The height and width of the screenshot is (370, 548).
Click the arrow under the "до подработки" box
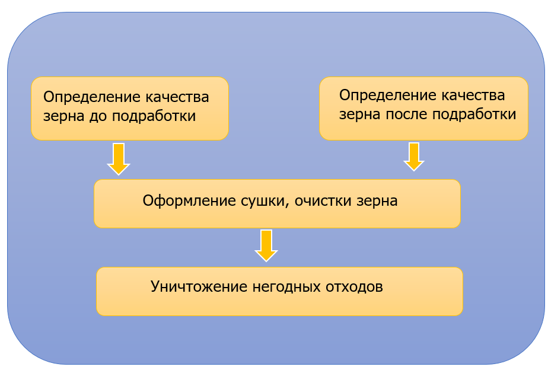[x=119, y=159]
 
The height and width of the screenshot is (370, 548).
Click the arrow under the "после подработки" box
[x=414, y=157]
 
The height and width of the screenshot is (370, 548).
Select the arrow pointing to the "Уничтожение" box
[x=266, y=245]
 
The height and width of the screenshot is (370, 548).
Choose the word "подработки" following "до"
[x=154, y=116]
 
